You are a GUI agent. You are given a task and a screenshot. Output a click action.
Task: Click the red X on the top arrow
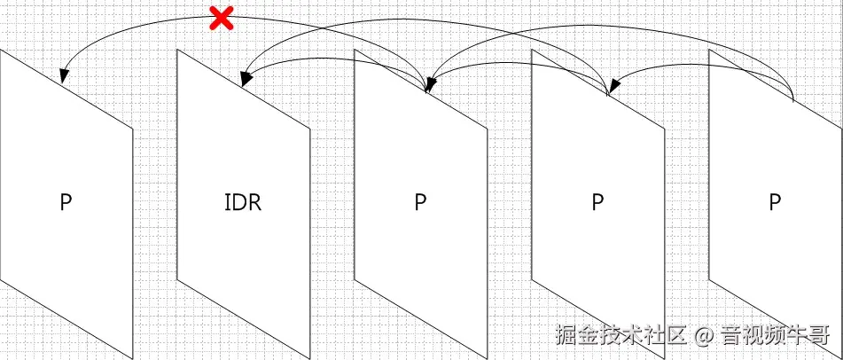(221, 18)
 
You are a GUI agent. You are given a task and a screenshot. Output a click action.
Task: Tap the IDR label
(243, 202)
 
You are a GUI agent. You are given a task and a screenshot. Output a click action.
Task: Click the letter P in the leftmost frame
(66, 202)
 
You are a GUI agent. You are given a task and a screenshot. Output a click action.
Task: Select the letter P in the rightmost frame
(775, 202)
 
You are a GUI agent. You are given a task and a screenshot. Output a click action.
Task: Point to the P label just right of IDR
(420, 202)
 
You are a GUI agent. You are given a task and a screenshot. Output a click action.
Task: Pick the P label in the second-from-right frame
(597, 202)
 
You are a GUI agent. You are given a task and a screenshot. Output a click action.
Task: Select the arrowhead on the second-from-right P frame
(610, 90)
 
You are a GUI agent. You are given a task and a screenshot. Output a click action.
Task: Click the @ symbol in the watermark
(703, 336)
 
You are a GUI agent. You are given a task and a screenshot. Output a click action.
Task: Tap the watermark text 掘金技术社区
(621, 336)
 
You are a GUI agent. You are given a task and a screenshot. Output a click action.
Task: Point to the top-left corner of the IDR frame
(177, 50)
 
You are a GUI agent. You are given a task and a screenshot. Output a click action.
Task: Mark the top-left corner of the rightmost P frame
(709, 50)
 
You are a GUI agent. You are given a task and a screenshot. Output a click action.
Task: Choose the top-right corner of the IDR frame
(310, 130)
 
